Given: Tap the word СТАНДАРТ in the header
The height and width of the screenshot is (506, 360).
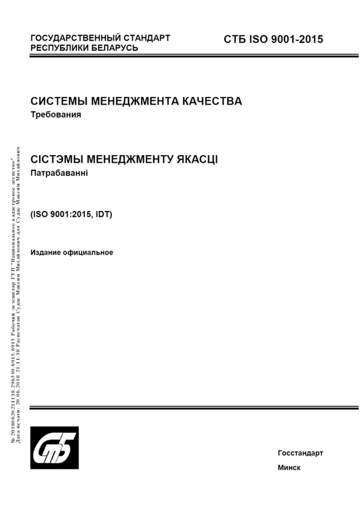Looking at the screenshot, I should point(147,38).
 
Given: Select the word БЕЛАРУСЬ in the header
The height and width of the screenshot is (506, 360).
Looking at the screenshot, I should point(115,48).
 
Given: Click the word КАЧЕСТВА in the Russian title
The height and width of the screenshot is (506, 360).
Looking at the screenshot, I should point(212,101).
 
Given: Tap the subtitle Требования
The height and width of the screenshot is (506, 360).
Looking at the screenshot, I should point(56,114).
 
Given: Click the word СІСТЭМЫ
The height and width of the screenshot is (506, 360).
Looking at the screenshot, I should point(57,159).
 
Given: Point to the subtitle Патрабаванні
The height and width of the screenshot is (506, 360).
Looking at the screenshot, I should point(59,173).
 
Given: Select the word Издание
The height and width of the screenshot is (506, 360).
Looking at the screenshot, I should point(46,252).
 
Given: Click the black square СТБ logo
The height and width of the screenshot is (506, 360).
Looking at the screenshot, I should point(54,448).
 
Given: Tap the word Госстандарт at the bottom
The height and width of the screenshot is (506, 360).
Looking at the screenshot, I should point(300,453).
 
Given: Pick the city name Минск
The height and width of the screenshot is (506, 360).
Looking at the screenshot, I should point(289,468).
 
